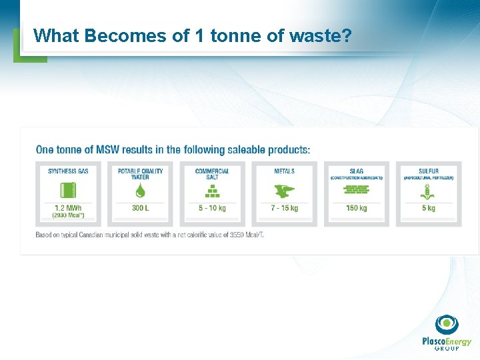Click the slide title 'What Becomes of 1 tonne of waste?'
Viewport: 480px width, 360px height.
[192, 35]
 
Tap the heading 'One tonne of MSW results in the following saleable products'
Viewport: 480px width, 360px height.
[173, 149]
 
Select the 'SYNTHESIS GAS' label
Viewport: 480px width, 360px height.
[68, 171]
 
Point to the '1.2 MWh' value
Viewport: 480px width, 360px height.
[68, 208]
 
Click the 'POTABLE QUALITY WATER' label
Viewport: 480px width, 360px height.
[140, 174]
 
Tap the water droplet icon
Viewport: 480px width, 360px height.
[140, 191]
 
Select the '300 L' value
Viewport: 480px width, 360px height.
[140, 208]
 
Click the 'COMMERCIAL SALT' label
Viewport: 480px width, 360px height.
[212, 174]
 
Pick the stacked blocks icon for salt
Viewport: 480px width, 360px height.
[212, 192]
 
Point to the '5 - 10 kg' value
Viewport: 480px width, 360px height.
[212, 208]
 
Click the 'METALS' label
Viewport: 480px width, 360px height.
[284, 171]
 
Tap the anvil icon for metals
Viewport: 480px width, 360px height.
[284, 192]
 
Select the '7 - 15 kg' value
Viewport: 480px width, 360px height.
[284, 208]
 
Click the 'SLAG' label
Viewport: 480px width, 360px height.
[356, 171]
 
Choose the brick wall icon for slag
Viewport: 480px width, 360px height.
[356, 190]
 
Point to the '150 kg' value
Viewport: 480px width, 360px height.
[356, 208]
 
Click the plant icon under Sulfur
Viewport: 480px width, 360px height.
[428, 192]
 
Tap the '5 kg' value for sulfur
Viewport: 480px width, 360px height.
[428, 208]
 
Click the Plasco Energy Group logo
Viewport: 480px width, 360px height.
[446, 333]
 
